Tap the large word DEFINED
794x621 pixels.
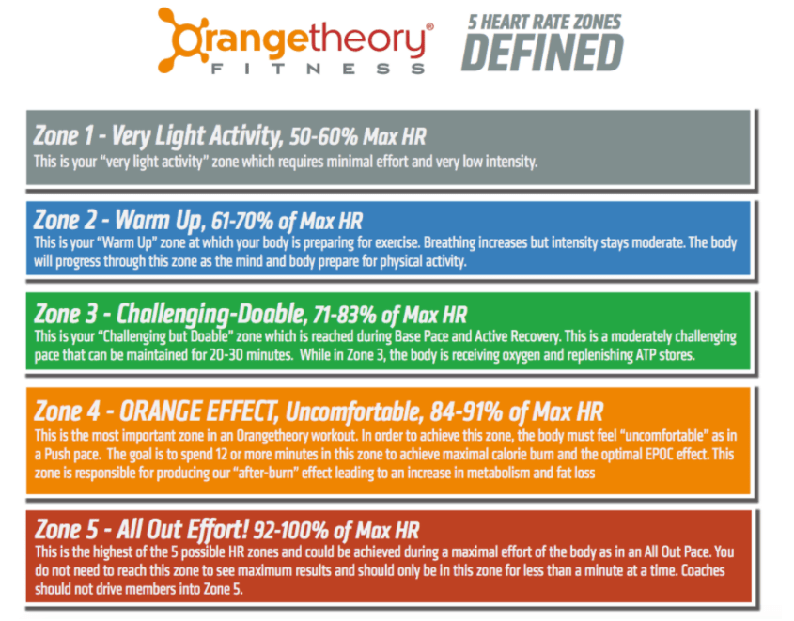coord(542,53)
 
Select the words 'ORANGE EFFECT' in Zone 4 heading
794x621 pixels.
coord(192,411)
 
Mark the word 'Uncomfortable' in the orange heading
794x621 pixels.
coord(356,412)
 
